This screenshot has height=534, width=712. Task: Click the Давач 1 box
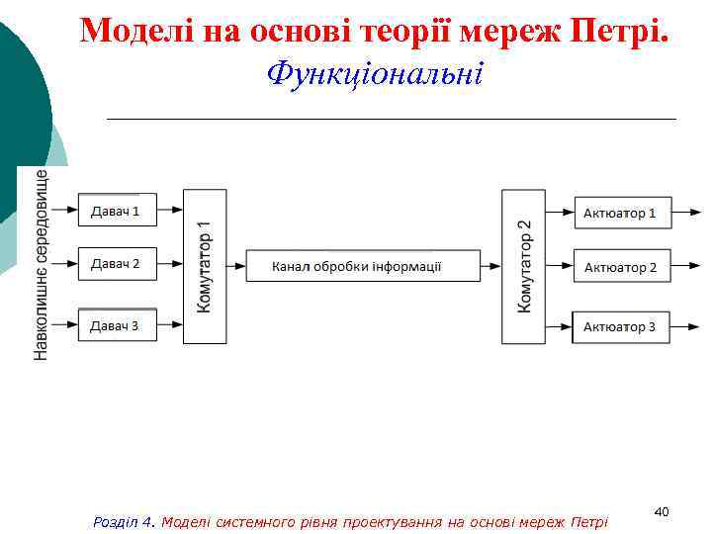pyautogui.click(x=117, y=210)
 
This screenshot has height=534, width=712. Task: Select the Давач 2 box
pyautogui.click(x=117, y=264)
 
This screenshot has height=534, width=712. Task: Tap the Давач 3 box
pyautogui.click(x=117, y=325)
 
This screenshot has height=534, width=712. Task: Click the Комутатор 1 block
pyautogui.click(x=204, y=266)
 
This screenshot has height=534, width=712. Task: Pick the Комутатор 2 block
pyautogui.click(x=523, y=266)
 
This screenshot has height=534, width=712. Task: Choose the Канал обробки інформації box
pyautogui.click(x=357, y=266)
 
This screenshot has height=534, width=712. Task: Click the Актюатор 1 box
pyautogui.click(x=622, y=213)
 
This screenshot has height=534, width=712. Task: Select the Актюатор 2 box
pyautogui.click(x=622, y=267)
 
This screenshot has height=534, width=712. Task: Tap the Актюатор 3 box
pyautogui.click(x=622, y=326)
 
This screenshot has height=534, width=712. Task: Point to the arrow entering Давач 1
pyautogui.click(x=63, y=210)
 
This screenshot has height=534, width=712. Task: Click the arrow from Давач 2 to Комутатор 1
pyautogui.click(x=170, y=265)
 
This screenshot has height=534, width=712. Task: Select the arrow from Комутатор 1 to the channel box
pyautogui.click(x=235, y=266)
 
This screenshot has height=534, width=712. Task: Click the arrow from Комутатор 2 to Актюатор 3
pyautogui.click(x=560, y=326)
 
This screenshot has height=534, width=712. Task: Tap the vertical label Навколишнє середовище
pyautogui.click(x=42, y=264)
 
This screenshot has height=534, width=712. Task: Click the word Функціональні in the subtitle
pyautogui.click(x=376, y=73)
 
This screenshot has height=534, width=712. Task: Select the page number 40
pyautogui.click(x=662, y=511)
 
